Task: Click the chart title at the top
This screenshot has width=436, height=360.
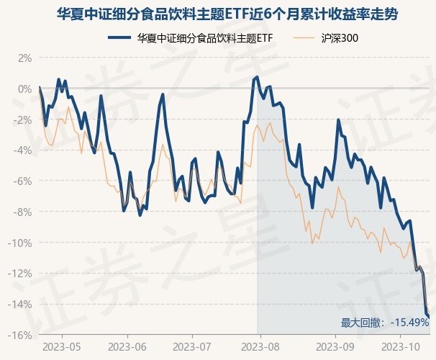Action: [218, 14]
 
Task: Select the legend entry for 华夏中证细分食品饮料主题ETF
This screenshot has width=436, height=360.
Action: [191, 37]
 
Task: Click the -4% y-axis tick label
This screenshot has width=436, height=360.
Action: [22, 150]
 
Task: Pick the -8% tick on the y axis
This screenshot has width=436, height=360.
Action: [22, 212]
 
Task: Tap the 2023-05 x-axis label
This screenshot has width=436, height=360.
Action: [62, 348]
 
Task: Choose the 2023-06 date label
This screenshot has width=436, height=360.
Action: [127, 348]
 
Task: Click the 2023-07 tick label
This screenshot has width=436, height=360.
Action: [192, 348]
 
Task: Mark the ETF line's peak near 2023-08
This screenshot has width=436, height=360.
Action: [257, 76]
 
